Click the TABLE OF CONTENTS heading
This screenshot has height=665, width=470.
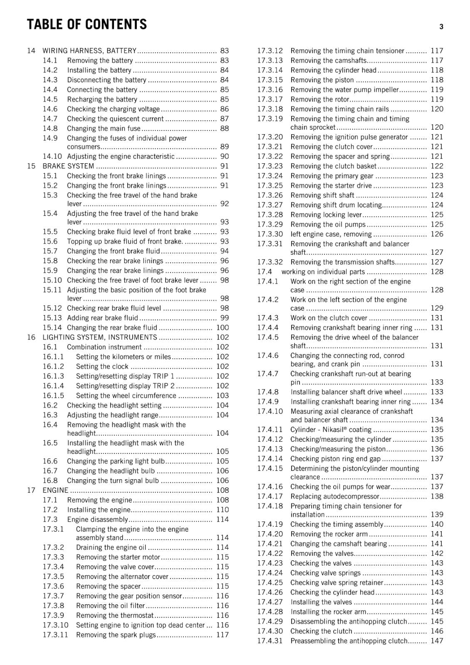coord(87,25)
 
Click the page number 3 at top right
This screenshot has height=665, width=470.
coord(441,27)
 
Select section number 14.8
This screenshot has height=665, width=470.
coord(50,128)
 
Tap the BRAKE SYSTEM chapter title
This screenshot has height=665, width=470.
coord(68,166)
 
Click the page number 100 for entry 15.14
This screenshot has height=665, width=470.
coord(223,328)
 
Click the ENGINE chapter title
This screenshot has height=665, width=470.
coord(55,490)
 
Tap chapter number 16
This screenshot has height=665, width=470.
coord(31,337)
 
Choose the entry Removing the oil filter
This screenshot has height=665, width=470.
coord(111,606)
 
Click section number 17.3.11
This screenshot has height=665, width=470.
coord(55,635)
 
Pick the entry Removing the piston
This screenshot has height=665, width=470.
coord(322,80)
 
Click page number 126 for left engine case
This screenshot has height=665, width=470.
coord(437,234)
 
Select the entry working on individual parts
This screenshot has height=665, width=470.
coord(323,272)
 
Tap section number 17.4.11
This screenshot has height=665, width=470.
coord(270,429)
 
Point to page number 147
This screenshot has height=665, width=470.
coord(437,641)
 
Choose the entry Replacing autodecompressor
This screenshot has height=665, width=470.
coord(335,496)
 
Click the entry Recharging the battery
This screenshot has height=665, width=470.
coord(102,99)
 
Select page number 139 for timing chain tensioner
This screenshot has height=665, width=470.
coord(437,515)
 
